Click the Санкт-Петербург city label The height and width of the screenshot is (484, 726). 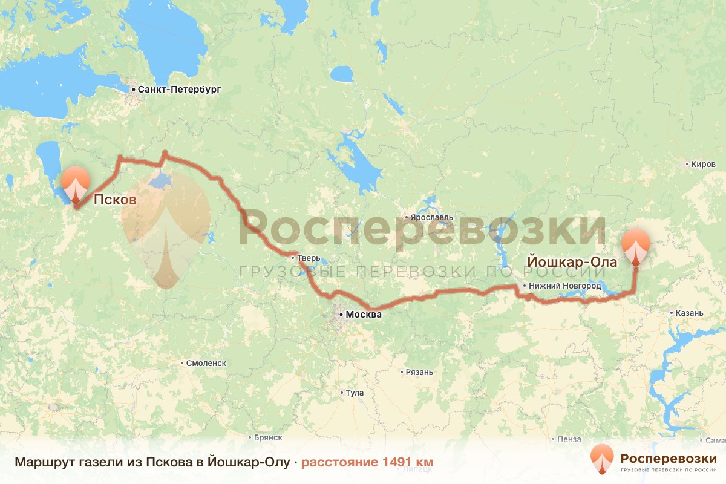[179, 90]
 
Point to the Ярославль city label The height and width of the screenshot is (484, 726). [431, 217]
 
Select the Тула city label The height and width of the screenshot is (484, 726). [355, 393]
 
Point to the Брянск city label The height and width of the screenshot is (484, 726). [269, 437]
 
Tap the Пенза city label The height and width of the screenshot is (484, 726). [569, 439]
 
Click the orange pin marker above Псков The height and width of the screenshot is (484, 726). [76, 182]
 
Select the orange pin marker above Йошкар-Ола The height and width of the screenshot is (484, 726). [636, 244]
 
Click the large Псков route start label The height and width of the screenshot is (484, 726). [114, 201]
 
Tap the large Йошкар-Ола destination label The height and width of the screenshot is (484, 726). [572, 263]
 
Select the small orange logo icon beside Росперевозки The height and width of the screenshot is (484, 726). [601, 459]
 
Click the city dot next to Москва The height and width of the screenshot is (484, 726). [341, 315]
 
